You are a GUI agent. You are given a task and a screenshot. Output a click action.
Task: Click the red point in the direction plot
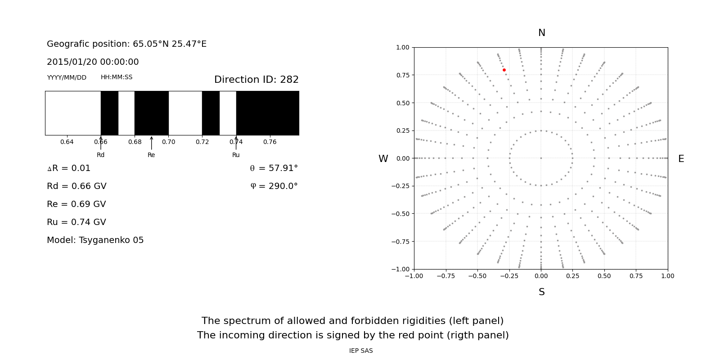click(x=504, y=70)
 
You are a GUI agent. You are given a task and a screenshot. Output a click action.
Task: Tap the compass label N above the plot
click(x=541, y=33)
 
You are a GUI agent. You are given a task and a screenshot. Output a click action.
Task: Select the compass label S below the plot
click(x=541, y=292)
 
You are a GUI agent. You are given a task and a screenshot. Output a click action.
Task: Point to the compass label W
click(x=383, y=159)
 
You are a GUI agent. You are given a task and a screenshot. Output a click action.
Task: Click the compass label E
click(x=681, y=159)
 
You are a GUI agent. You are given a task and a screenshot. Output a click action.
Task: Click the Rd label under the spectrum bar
click(x=100, y=155)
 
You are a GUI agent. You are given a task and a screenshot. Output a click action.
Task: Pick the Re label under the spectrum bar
click(x=151, y=155)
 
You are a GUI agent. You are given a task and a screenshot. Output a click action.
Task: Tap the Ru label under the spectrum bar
click(x=236, y=155)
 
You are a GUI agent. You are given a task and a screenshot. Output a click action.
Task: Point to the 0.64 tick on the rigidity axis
click(x=67, y=142)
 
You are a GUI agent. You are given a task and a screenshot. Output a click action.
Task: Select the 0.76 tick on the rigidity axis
click(x=270, y=142)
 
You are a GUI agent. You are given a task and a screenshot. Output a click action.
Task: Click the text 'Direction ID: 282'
click(x=256, y=80)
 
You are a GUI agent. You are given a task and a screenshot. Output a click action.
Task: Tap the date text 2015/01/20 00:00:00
click(x=93, y=62)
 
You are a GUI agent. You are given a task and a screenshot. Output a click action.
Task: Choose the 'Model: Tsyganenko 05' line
click(x=95, y=240)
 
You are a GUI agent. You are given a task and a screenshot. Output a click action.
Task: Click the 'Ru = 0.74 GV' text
click(x=76, y=222)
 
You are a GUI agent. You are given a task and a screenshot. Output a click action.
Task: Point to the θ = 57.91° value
click(x=274, y=168)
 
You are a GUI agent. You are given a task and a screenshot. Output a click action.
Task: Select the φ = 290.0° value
click(x=274, y=186)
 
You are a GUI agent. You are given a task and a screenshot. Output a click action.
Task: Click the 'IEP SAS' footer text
click(x=360, y=351)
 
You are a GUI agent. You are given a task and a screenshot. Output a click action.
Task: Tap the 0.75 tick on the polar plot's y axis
click(x=402, y=75)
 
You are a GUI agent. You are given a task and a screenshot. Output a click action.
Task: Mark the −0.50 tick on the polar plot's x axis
click(x=477, y=276)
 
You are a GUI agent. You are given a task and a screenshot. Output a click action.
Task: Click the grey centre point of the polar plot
click(x=541, y=158)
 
